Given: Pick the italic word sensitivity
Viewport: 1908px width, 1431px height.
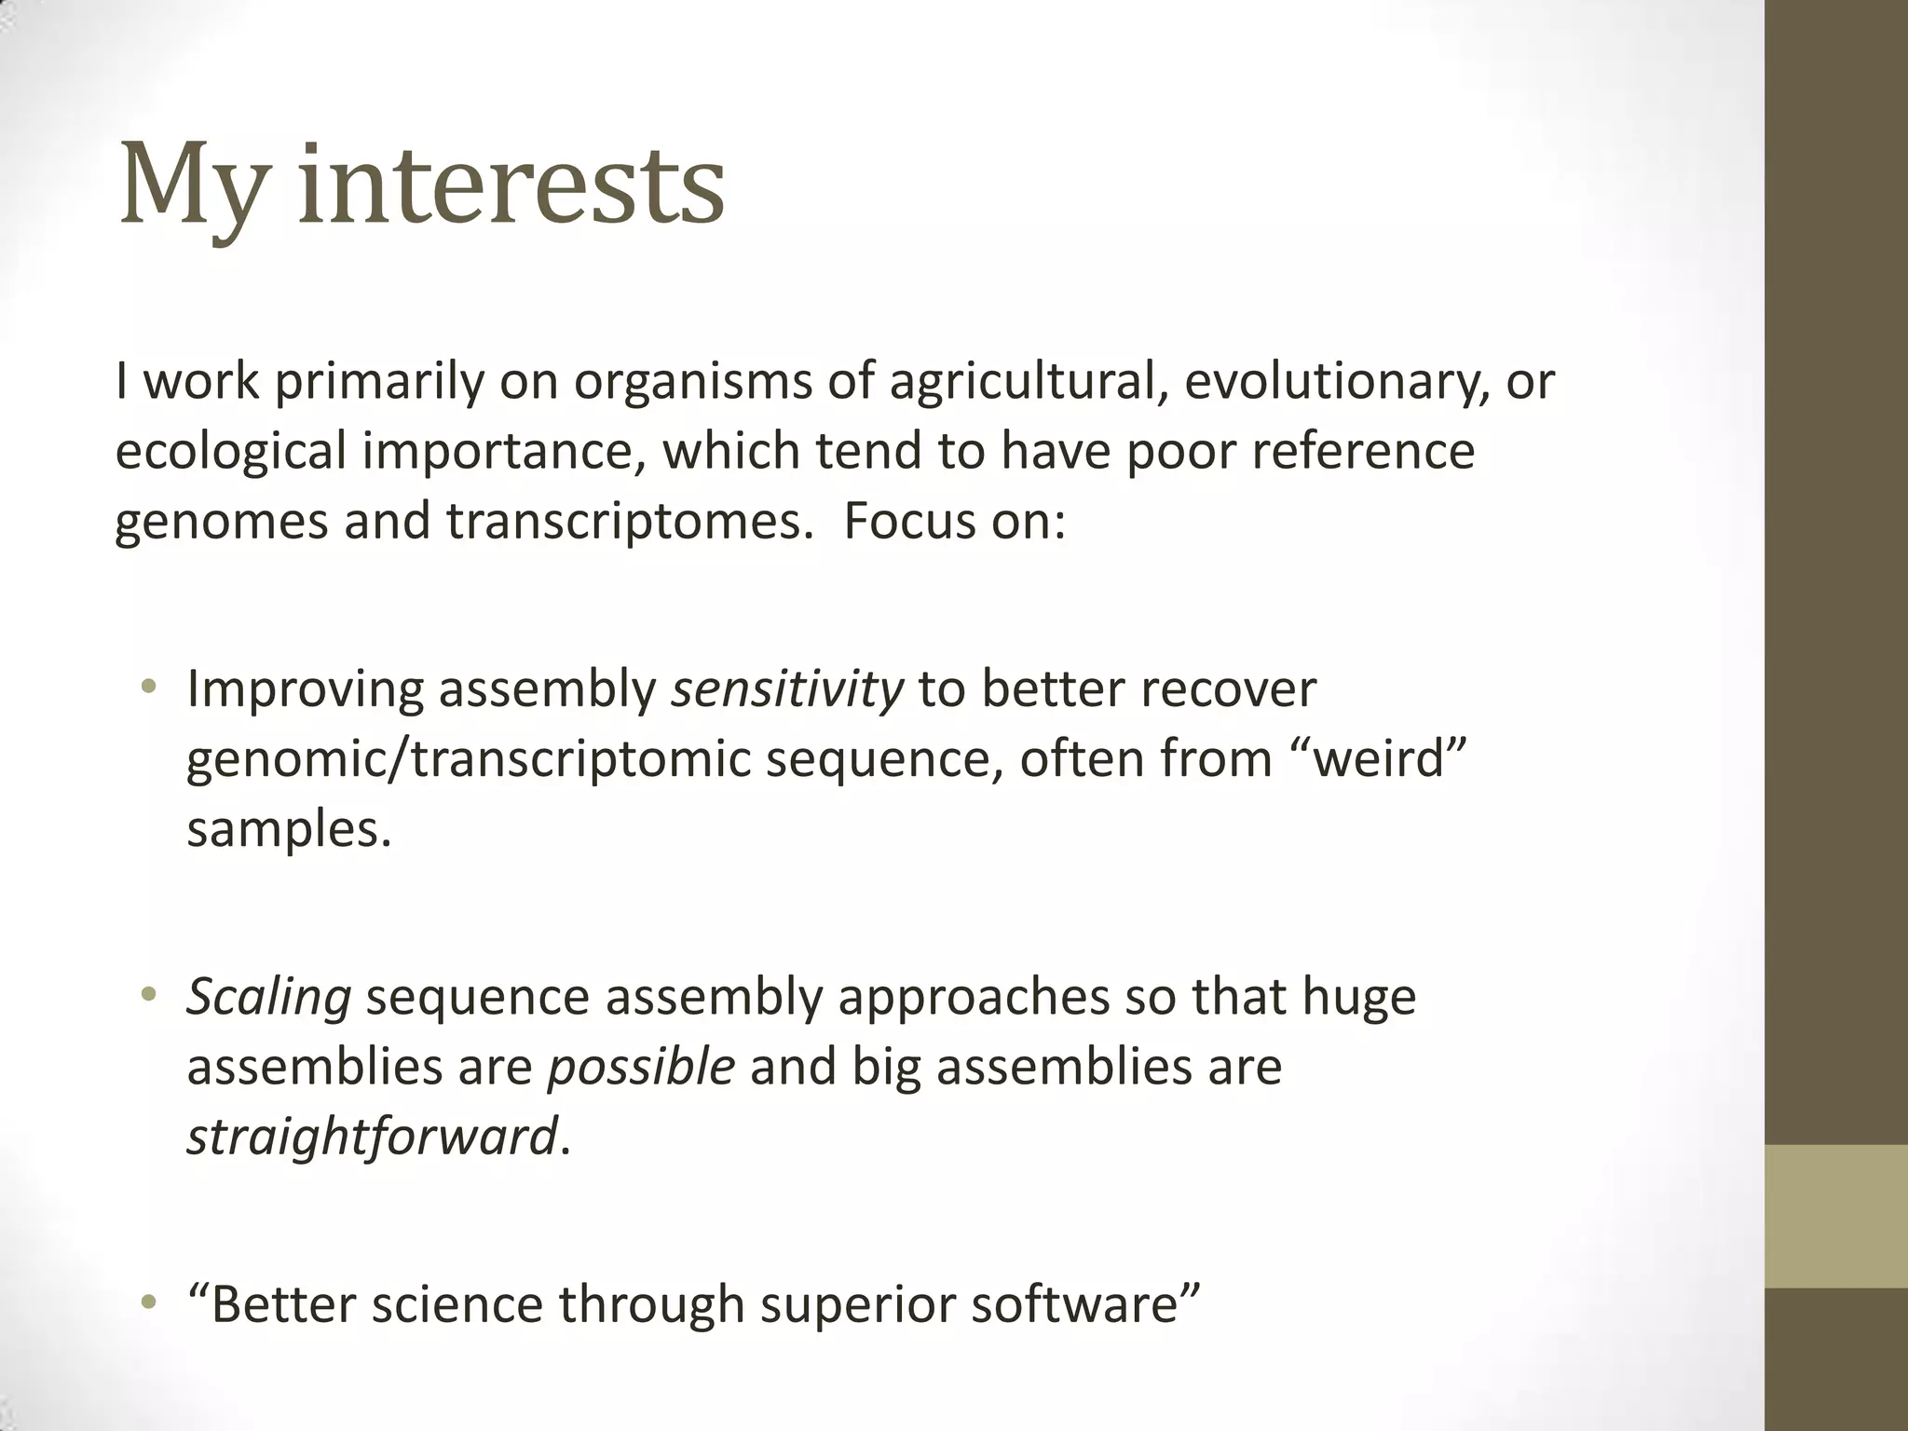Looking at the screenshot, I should (787, 689).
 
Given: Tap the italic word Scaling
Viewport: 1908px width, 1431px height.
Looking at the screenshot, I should (268, 997).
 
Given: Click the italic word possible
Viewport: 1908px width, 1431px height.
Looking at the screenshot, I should (640, 1067).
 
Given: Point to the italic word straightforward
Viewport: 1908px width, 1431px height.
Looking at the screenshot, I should (372, 1137).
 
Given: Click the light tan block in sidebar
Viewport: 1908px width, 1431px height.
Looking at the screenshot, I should (1835, 1216).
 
